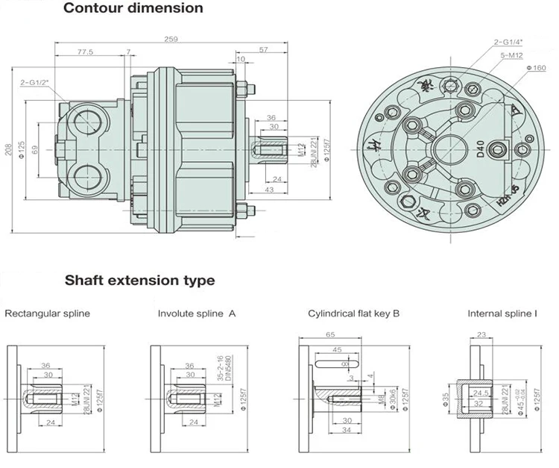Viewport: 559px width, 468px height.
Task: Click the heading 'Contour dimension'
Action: pyautogui.click(x=133, y=9)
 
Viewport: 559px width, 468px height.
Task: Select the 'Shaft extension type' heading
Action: pyautogui.click(x=139, y=281)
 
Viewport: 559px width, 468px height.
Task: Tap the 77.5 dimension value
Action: pyautogui.click(x=84, y=52)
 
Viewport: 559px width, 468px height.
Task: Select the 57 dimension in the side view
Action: pyautogui.click(x=263, y=49)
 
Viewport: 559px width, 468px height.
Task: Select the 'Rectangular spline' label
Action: pyautogui.click(x=47, y=313)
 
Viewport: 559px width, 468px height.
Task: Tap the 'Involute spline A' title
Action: pyautogui.click(x=197, y=313)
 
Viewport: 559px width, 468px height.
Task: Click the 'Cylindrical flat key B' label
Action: pyautogui.click(x=354, y=313)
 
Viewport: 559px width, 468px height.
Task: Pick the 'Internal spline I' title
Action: pyautogui.click(x=502, y=313)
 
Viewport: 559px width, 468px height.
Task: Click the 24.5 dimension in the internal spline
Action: pyautogui.click(x=481, y=391)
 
